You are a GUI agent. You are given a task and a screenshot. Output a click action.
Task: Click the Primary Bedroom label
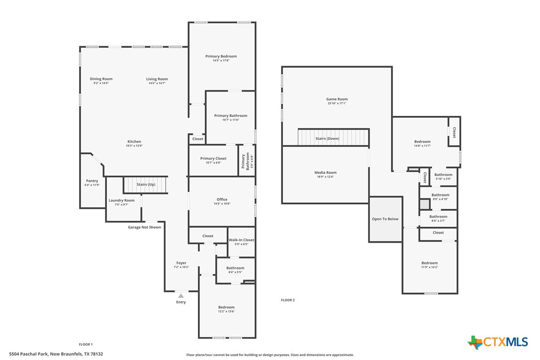coord(221,56)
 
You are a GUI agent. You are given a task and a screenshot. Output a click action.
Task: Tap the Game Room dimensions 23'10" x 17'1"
coord(337,103)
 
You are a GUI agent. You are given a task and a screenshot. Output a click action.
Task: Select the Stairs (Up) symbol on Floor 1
coord(145,184)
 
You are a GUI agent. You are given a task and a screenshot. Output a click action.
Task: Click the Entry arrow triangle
coord(181,296)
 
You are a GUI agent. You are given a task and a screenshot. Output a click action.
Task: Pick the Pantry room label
coord(92,180)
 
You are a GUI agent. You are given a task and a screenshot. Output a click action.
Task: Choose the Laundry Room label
coord(121,200)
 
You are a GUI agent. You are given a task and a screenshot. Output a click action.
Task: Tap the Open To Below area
coord(385,219)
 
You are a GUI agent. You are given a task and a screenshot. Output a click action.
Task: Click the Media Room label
coord(325,173)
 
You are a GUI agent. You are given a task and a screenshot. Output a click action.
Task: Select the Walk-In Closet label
coord(241,240)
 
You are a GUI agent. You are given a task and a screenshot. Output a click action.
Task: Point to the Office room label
coord(222,199)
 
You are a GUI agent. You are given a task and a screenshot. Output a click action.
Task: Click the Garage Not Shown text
coord(144,227)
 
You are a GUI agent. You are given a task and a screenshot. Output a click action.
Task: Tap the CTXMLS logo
coord(498,342)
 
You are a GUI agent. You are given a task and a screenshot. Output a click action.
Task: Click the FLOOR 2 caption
coord(287,300)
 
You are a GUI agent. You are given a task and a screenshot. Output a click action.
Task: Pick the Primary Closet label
coord(213,159)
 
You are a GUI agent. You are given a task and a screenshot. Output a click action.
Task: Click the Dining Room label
coord(101,79)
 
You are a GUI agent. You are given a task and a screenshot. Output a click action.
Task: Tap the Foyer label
coord(181,263)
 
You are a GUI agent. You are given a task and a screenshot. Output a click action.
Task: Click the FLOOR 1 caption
coord(86,344)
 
